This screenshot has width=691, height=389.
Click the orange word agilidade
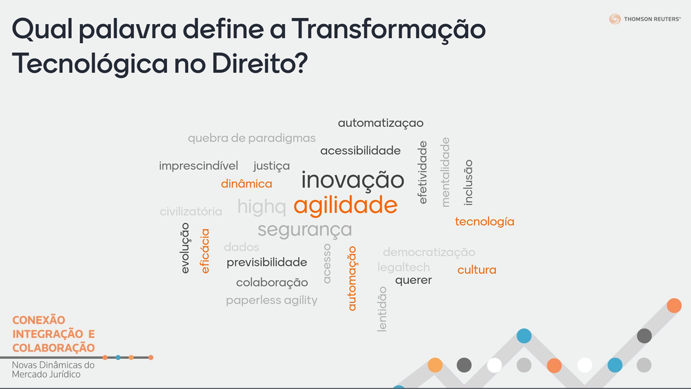[345, 205]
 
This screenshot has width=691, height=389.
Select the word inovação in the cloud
[353, 180]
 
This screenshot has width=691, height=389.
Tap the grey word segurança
[305, 230]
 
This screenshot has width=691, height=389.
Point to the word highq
[262, 206]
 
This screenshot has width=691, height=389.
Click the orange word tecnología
[485, 222]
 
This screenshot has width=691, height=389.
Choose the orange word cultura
[477, 270]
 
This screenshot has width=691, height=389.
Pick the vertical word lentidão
[382, 309]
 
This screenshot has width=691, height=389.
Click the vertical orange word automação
[353, 278]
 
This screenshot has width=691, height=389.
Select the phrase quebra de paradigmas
[252, 138]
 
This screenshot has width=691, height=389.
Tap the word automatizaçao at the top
[381, 123]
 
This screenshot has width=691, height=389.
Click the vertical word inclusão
[468, 183]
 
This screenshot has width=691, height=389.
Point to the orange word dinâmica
[247, 184]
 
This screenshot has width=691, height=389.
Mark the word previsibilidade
[267, 263]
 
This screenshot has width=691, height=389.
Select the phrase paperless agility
[272, 300]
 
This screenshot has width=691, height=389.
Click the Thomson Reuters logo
[645, 19]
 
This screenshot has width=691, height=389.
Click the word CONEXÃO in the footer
[38, 320]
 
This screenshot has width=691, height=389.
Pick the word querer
[414, 280]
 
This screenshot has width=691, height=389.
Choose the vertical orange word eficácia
[205, 251]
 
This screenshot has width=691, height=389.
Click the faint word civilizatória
[191, 212]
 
